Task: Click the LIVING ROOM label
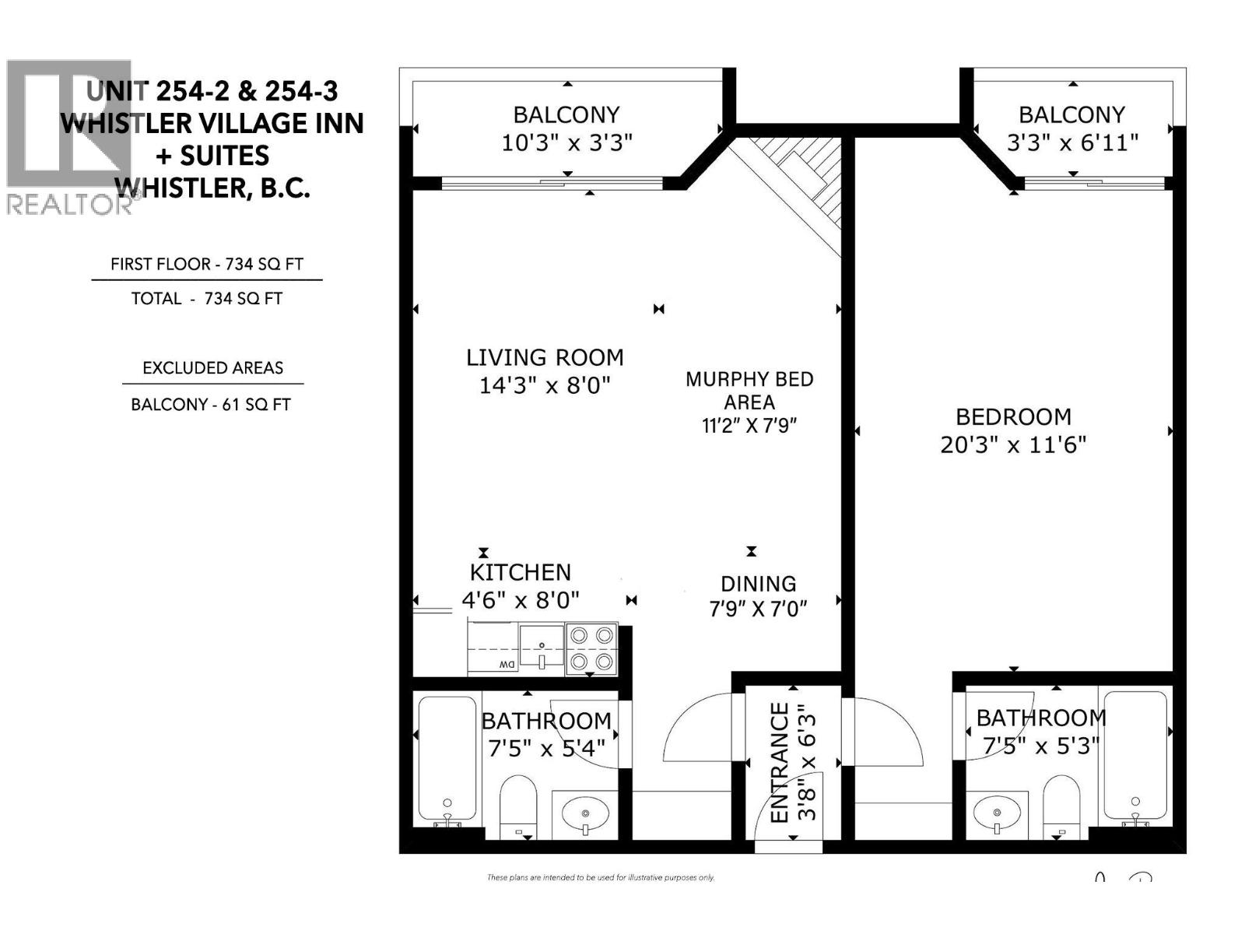(545, 358)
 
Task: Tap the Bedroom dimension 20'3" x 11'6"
(1013, 444)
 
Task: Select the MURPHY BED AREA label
(749, 390)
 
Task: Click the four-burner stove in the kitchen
(591, 648)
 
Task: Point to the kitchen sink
(542, 646)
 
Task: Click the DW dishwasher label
(507, 665)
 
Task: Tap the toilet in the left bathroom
(518, 806)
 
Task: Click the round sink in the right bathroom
(997, 814)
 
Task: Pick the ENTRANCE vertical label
(780, 763)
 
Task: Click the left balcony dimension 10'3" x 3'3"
(566, 143)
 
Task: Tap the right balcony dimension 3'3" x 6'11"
(1072, 143)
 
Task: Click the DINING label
(758, 584)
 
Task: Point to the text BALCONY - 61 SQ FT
(211, 405)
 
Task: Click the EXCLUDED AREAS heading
(212, 368)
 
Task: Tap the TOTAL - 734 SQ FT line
(207, 299)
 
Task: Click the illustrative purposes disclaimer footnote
(600, 878)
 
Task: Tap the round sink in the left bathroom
(584, 814)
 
